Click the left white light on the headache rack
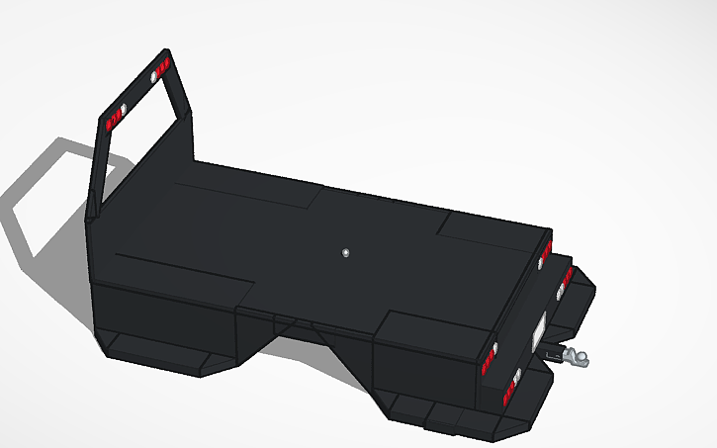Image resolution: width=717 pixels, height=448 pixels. click(x=123, y=110)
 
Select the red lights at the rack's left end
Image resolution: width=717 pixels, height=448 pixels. click(x=111, y=124)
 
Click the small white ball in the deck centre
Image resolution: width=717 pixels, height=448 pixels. click(x=345, y=253)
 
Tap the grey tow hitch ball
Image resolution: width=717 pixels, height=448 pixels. click(x=578, y=357)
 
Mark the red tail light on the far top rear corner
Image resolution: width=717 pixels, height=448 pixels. click(x=544, y=255)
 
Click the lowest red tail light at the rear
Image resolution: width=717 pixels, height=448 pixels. click(x=510, y=387)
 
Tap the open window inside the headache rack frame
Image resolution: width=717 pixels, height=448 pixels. click(x=143, y=148)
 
